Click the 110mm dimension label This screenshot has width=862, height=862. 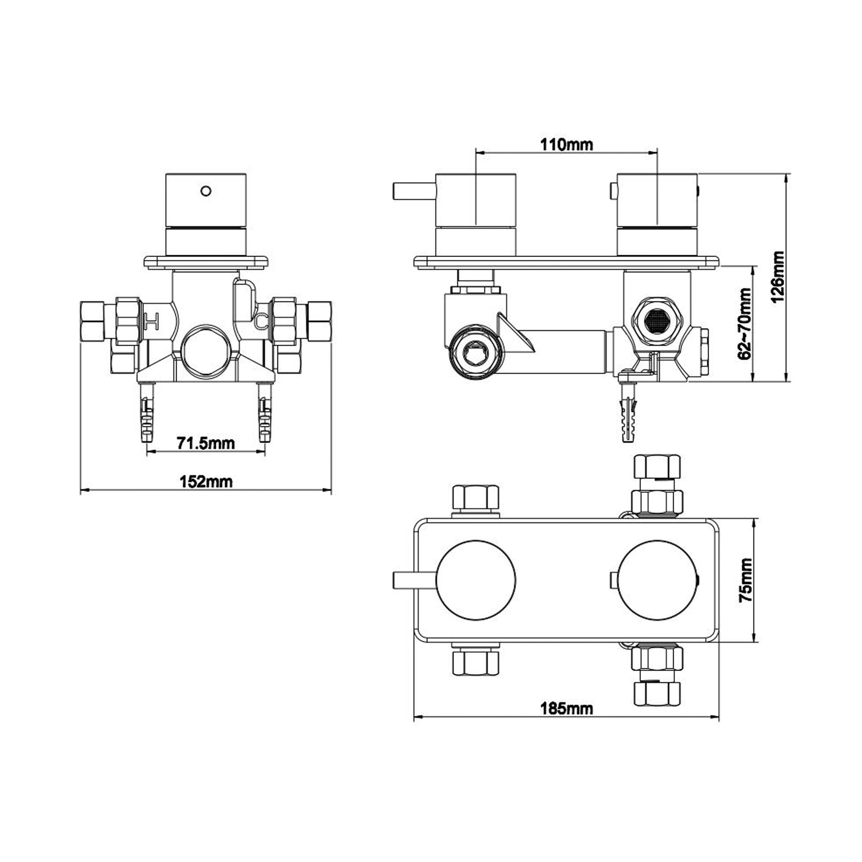pos(566,144)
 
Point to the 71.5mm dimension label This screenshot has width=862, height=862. pos(206,443)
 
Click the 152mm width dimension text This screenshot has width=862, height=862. pos(206,482)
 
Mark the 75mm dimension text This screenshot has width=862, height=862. pos(745,580)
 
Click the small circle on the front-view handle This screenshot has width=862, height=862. pos(206,191)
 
